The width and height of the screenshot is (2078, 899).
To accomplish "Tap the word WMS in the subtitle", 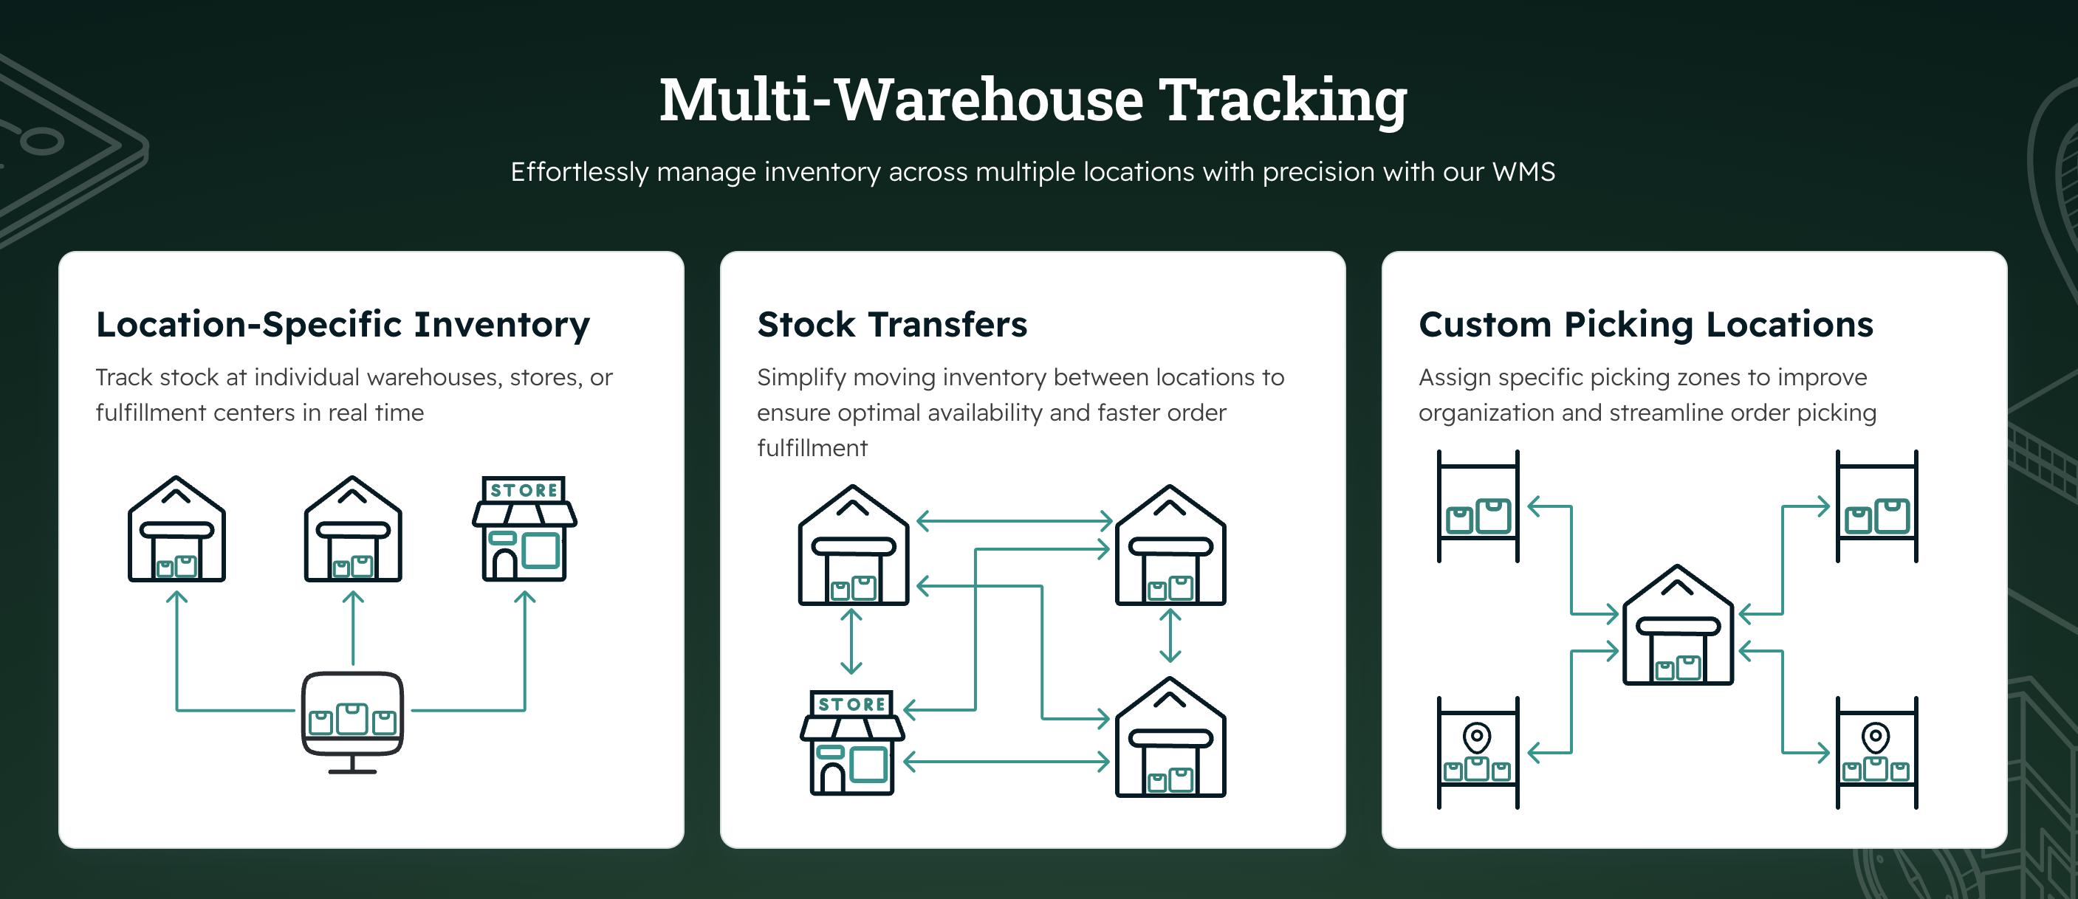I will [x=1523, y=172].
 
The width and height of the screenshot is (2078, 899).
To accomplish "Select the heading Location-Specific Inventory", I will [x=343, y=324].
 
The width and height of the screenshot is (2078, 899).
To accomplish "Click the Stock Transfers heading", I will [x=892, y=324].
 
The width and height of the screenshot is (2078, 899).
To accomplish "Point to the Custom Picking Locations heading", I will [x=1645, y=324].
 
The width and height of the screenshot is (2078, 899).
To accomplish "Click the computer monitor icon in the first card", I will [x=352, y=716].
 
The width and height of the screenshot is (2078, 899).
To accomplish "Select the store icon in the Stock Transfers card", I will [x=853, y=743].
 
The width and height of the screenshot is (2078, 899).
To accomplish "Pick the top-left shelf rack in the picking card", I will [x=1478, y=506].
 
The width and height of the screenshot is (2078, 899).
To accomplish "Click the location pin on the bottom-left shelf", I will [x=1477, y=736].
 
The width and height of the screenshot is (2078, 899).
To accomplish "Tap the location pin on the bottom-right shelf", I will [x=1876, y=736].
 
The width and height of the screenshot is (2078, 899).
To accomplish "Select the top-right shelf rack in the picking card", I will [x=1876, y=506].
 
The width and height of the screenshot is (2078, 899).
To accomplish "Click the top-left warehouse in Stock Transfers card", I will [x=854, y=546].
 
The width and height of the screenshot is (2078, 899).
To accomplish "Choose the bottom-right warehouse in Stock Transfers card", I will [x=1170, y=738].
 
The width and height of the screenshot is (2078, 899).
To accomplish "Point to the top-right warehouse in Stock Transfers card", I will [x=1170, y=546].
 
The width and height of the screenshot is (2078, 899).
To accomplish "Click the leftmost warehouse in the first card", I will [x=176, y=530].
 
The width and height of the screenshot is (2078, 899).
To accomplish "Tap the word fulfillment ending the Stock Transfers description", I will [x=812, y=448].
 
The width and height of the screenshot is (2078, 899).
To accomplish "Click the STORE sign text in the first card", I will [x=524, y=490].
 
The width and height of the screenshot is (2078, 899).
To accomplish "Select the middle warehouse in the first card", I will [x=352, y=530].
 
